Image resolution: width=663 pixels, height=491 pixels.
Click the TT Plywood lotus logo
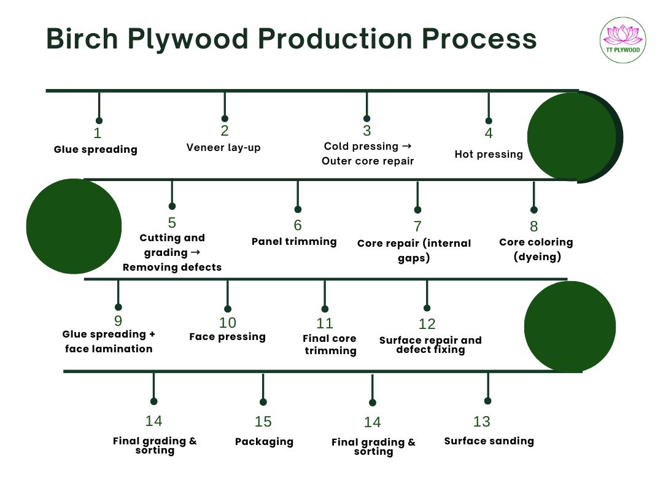coord(623,40)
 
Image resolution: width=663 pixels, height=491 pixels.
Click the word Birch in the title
coord(83,39)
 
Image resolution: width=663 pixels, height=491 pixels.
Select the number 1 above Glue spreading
coord(98,133)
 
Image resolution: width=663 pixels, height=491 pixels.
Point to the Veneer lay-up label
coord(223,147)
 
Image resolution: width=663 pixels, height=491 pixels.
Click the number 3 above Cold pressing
coord(367,131)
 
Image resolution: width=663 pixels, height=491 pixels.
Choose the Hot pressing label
coord(489,154)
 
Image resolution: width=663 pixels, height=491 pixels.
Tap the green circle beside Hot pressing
coord(572,136)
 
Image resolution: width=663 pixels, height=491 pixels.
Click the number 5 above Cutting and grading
coord(172,223)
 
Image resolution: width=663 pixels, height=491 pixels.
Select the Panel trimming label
coord(294,241)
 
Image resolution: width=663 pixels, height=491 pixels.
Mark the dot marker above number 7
coord(417,210)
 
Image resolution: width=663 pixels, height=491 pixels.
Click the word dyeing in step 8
coord(537,257)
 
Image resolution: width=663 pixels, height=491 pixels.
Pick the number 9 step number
coord(118,321)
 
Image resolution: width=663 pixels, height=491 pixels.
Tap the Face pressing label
coord(227,336)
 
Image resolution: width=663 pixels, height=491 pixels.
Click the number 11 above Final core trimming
coord(325,323)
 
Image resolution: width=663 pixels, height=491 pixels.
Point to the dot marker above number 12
coord(427,308)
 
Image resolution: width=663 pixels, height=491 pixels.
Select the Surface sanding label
coord(489,441)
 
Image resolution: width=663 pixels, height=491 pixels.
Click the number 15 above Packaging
coord(263,422)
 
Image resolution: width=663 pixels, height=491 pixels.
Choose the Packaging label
coord(264,441)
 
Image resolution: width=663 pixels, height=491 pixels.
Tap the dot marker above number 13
coord(488,401)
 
